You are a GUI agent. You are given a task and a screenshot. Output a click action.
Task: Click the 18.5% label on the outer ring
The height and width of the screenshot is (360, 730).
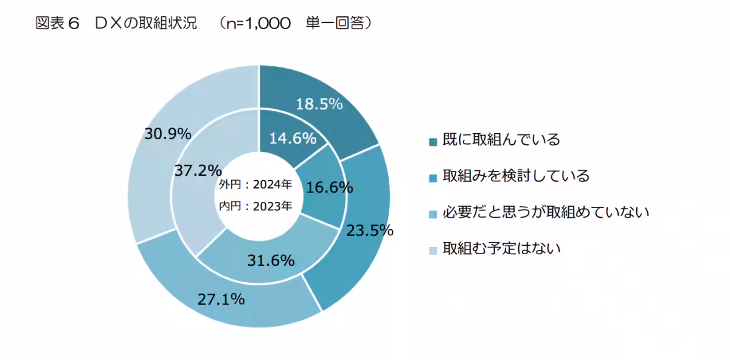319,104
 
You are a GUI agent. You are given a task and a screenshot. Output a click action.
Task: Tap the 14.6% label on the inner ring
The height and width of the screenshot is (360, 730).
293,139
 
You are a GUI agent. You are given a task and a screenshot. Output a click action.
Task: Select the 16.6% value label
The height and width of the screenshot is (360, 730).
330,188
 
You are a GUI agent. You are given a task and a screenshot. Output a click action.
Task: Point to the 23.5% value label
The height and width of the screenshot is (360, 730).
369,231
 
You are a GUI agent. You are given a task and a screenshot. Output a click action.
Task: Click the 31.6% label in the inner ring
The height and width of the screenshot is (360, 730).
271,261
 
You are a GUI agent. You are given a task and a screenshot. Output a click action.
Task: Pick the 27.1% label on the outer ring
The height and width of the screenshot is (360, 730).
221,299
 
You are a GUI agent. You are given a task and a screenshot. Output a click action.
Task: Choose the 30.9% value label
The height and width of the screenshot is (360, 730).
168,133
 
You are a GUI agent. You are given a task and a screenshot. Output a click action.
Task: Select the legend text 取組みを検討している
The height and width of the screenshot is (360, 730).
516,176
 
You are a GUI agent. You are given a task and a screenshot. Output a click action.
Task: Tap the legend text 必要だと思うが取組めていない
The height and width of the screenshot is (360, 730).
546,213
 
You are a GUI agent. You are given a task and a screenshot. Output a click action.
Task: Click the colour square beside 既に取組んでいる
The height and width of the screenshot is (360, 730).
433,142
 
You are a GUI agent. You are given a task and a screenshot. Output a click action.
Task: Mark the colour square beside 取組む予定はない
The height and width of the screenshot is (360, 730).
433,251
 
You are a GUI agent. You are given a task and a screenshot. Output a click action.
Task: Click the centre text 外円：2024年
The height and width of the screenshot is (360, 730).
255,185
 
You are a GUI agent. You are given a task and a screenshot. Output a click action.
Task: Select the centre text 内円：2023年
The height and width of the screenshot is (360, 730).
255,206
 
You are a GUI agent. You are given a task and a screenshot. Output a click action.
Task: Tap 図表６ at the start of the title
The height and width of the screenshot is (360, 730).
58,24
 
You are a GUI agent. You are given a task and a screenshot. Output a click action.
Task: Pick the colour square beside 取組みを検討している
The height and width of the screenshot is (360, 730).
433,178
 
